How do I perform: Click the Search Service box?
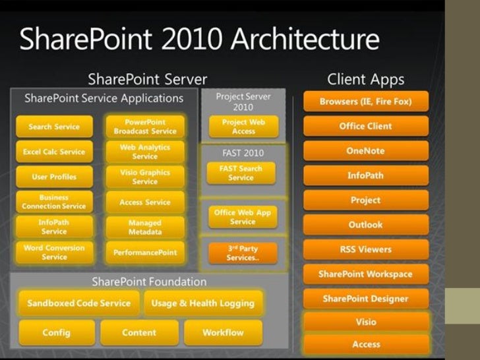click(54, 127)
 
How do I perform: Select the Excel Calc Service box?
click(54, 152)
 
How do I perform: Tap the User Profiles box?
click(54, 177)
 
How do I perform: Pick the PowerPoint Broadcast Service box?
click(145, 127)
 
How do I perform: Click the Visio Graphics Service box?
click(145, 177)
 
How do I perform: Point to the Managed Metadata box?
click(145, 227)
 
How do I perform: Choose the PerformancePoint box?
click(145, 253)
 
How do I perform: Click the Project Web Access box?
click(243, 127)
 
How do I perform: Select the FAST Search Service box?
click(241, 173)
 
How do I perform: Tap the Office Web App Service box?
click(243, 217)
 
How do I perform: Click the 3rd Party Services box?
click(243, 253)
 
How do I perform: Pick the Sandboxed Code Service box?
click(79, 303)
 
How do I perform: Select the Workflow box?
click(223, 332)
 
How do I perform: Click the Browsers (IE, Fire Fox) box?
click(365, 102)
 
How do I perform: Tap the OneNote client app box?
click(365, 151)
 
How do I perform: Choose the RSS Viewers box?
click(365, 250)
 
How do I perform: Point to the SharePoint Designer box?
click(365, 299)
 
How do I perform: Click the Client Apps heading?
click(365, 80)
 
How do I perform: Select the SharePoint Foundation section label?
click(149, 282)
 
